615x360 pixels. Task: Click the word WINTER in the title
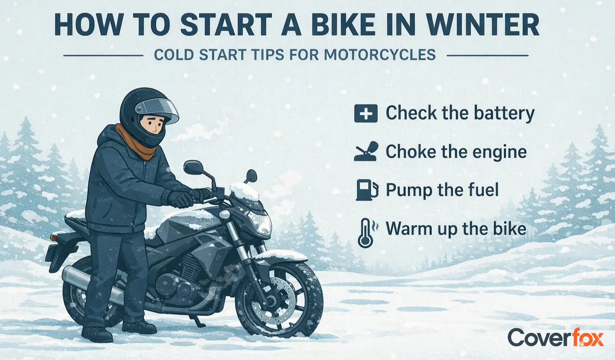coord(483,25)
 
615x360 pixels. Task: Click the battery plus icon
coord(366,113)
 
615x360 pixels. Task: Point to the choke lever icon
coord(366,151)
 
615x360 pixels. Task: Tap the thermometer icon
coord(366,233)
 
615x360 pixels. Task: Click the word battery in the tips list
coord(504,113)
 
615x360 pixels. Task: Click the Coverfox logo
coord(555,338)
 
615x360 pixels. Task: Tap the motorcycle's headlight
coord(259,222)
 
